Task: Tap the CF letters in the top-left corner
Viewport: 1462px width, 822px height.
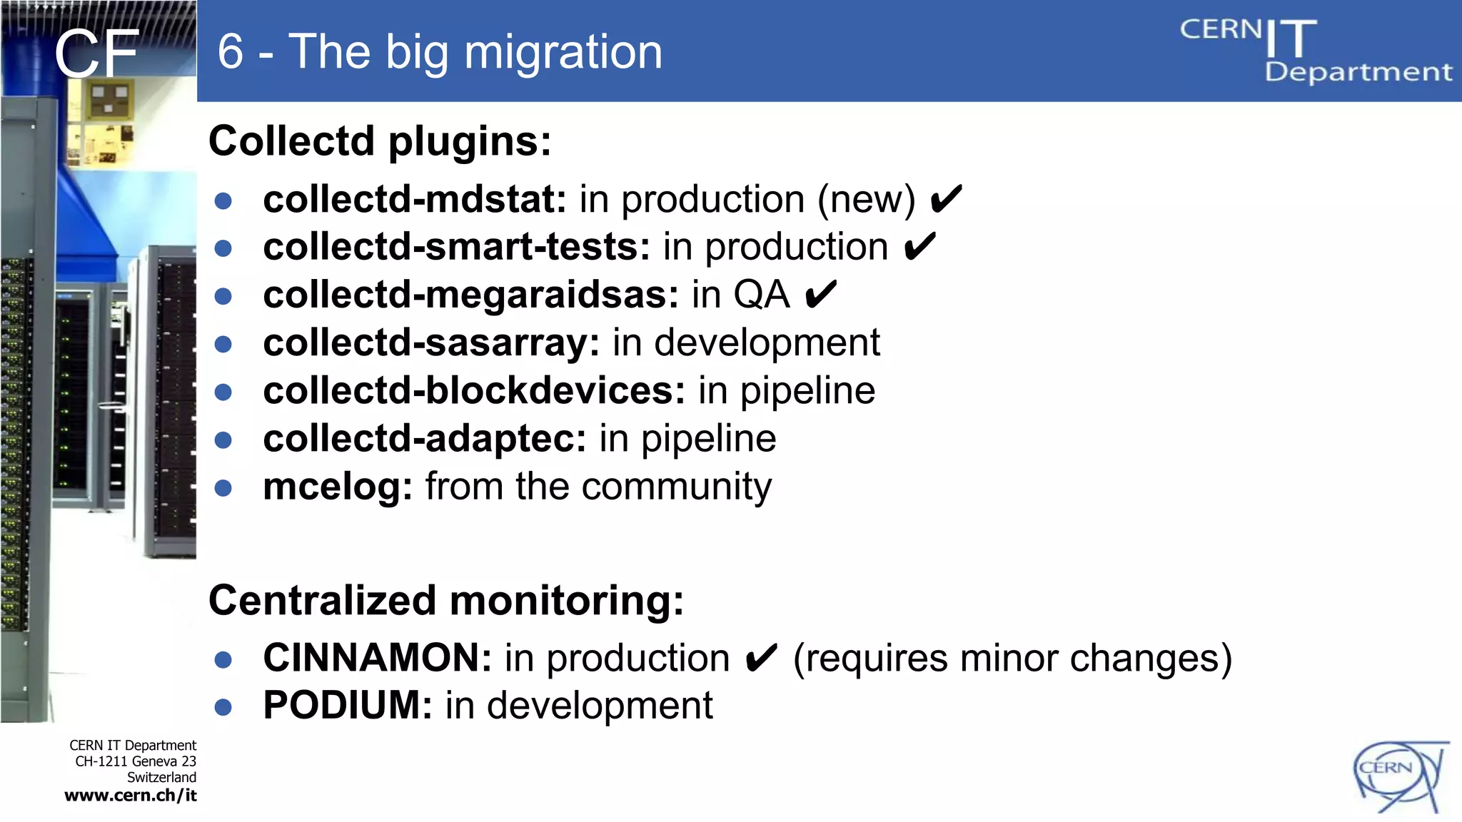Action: click(x=96, y=54)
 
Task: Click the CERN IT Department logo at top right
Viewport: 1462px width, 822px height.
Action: click(x=1315, y=50)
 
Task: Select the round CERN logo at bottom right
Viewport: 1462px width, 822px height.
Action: click(x=1400, y=776)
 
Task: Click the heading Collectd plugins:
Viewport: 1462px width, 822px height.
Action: click(x=380, y=141)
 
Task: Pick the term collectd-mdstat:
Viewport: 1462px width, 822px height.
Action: click(x=414, y=199)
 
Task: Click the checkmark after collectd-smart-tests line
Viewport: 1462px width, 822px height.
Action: click(x=919, y=247)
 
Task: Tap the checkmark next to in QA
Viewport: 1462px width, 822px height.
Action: click(x=820, y=295)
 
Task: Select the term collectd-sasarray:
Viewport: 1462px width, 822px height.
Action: click(x=431, y=343)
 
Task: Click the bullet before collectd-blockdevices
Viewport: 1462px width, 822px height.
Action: click(x=223, y=392)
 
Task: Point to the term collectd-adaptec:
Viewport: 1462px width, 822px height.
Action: click(x=424, y=439)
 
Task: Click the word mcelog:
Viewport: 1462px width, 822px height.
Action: click(x=338, y=487)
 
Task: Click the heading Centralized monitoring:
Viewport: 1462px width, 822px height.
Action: click(x=446, y=600)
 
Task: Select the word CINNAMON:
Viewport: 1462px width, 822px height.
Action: click(x=377, y=658)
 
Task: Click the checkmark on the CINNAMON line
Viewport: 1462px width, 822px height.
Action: click(x=760, y=658)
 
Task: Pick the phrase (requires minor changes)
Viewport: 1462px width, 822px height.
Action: click(x=1012, y=658)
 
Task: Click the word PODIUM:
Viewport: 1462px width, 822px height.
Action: click(x=348, y=706)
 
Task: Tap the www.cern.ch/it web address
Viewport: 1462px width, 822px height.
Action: click(x=131, y=796)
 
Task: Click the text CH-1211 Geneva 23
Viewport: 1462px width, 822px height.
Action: click(x=136, y=761)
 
